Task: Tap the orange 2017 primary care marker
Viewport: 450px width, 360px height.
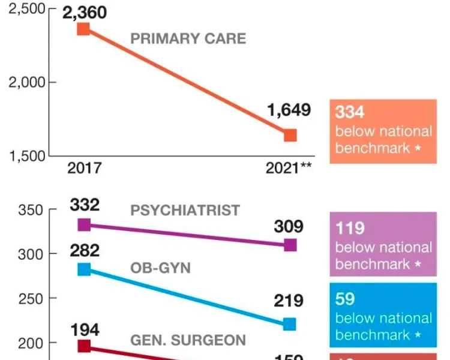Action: coord(84,29)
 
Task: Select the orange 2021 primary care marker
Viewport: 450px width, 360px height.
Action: coord(290,135)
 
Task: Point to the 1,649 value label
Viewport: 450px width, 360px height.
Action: coord(289,110)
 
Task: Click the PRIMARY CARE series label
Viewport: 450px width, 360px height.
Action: coord(188,39)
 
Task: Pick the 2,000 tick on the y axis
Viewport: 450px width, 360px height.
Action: coord(26,82)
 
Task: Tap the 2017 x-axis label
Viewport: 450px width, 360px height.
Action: coord(84,168)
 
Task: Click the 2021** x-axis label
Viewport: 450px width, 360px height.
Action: coord(289,168)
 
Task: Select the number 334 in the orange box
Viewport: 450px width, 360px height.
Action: coord(350,112)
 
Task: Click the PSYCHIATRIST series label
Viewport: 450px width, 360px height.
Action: coord(185,211)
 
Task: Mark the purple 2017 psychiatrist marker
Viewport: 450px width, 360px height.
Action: coord(84,225)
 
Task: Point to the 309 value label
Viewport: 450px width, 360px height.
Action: coord(289,226)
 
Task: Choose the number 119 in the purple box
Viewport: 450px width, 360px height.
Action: coord(350,228)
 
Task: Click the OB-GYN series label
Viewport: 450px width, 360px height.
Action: coord(160,268)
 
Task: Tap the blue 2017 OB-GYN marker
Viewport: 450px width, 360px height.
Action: coord(84,269)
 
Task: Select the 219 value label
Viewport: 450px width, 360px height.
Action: coord(289,301)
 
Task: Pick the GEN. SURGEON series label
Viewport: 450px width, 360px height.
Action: coord(188,340)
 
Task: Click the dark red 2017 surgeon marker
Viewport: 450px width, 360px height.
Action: coord(84,346)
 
